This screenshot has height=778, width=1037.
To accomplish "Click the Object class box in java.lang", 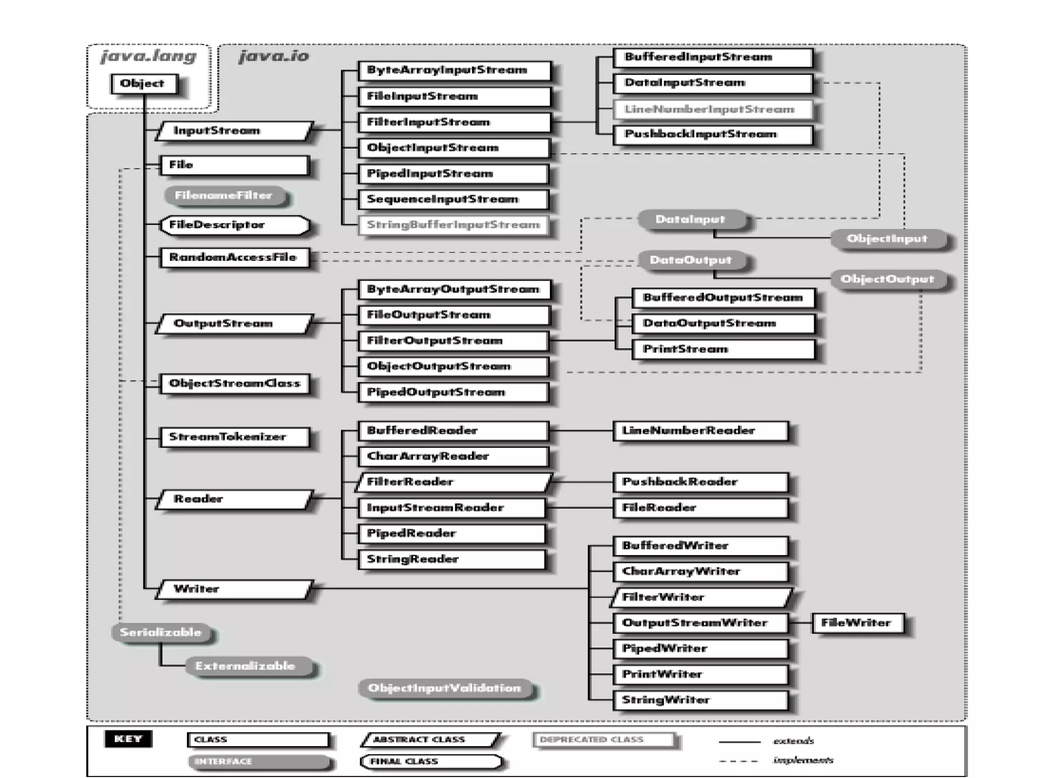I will click(144, 84).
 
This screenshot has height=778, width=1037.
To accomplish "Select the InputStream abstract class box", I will click(234, 131).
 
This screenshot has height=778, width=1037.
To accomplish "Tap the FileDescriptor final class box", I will click(234, 225).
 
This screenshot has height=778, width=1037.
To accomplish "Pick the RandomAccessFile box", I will click(234, 257).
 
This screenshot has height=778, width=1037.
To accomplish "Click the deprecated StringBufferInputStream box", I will click(453, 225).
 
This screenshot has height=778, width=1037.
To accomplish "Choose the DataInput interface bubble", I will click(691, 220).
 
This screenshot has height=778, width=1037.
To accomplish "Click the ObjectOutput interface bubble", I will click(887, 280).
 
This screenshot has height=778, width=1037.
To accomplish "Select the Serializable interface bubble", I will click(161, 633).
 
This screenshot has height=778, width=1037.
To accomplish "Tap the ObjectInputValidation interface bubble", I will click(445, 688).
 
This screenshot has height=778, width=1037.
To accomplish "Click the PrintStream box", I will click(723, 349).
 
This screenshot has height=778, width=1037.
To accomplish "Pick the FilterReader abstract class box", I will click(453, 482).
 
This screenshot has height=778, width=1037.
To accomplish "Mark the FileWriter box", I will click(857, 623).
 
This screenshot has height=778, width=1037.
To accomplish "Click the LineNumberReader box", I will click(700, 431).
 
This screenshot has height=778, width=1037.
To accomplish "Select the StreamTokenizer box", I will click(234, 437).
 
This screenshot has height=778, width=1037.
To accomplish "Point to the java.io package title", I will click(274, 56).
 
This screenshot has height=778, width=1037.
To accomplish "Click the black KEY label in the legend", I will click(128, 739).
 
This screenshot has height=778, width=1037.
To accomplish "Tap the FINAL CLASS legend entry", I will click(430, 761).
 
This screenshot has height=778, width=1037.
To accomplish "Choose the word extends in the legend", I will click(793, 741).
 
